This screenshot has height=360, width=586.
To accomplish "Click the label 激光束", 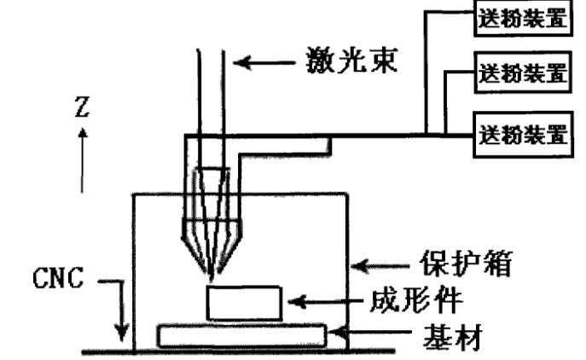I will click(352, 63).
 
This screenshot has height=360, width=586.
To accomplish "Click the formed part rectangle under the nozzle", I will click(245, 303).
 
